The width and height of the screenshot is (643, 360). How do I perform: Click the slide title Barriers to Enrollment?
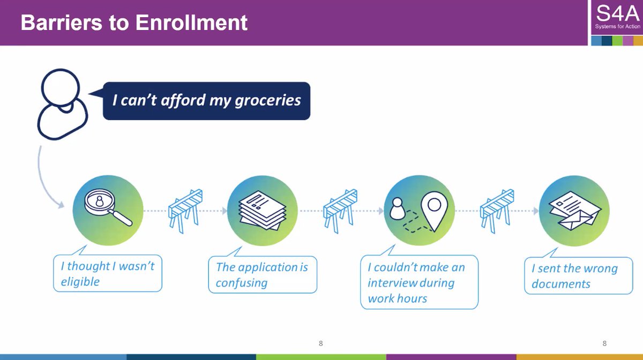click(134, 23)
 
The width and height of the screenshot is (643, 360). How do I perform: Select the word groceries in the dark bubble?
click(268, 101)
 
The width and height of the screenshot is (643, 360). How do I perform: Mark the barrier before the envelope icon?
click(497, 210)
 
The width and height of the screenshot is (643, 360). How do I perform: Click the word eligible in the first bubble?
click(80, 281)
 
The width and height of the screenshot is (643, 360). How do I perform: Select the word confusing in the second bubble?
click(241, 283)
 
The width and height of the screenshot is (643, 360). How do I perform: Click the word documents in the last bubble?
click(560, 284)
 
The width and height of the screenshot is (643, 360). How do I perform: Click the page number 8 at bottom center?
click(320, 343)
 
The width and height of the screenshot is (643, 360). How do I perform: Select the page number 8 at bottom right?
click(604, 343)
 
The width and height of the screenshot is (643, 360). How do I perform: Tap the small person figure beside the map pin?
click(397, 208)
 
